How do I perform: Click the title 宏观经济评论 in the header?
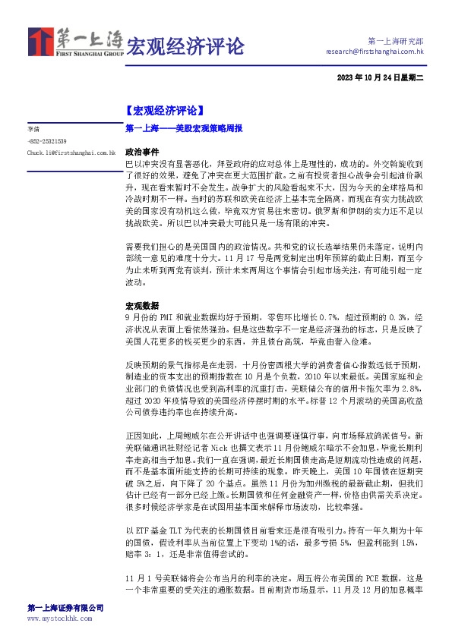point(185,46)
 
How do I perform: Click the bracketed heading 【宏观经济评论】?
point(164,110)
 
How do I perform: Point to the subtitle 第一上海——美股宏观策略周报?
point(183,130)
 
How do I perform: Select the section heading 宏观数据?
point(141,303)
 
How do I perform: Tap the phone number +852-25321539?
point(46,141)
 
